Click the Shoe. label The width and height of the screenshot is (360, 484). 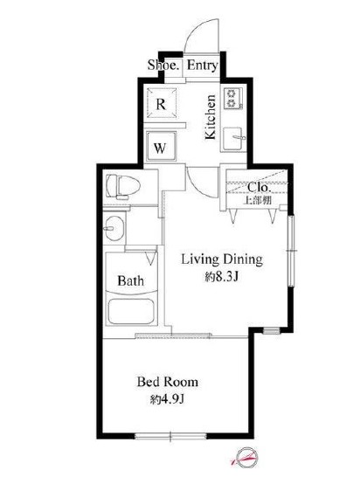pyautogui.click(x=163, y=65)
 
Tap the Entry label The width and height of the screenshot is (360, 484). pyautogui.click(x=203, y=66)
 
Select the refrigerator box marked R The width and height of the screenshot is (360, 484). pyautogui.click(x=162, y=103)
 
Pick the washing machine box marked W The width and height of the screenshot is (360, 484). pyautogui.click(x=161, y=147)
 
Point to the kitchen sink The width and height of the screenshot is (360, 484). pyautogui.click(x=233, y=139)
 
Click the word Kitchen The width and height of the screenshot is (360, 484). pyautogui.click(x=211, y=117)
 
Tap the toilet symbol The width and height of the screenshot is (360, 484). pyautogui.click(x=122, y=186)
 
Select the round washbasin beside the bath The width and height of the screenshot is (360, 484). pyautogui.click(x=114, y=228)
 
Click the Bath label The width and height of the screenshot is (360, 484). pyautogui.click(x=130, y=280)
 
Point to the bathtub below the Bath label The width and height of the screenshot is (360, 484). pyautogui.click(x=131, y=311)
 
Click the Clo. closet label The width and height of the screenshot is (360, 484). pyautogui.click(x=260, y=187)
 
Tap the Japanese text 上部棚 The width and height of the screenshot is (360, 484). pyautogui.click(x=258, y=200)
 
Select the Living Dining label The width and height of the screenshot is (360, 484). pyautogui.click(x=222, y=259)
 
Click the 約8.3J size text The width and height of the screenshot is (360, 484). pyautogui.click(x=221, y=277)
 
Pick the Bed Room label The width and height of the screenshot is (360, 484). pyautogui.click(x=168, y=382)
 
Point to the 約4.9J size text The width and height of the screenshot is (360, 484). pyautogui.click(x=167, y=400)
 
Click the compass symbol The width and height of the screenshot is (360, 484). pyautogui.click(x=246, y=457)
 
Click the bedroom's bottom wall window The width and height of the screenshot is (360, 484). pyautogui.click(x=170, y=436)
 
